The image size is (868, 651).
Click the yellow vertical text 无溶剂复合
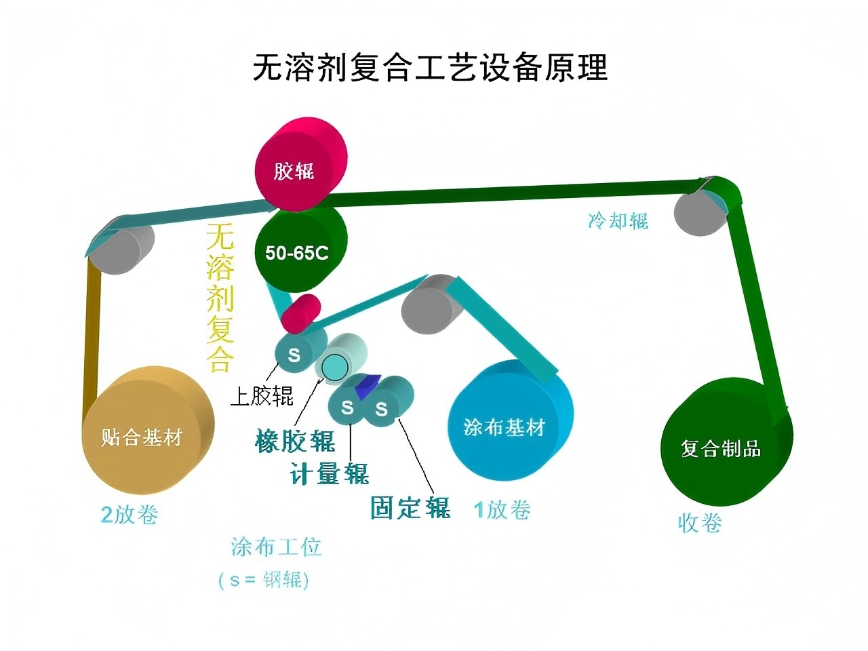click(x=220, y=298)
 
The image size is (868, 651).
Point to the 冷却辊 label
click(x=618, y=220)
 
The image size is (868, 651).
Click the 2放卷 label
click(x=130, y=514)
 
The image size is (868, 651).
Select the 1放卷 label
click(x=502, y=509)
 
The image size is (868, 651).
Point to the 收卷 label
click(x=700, y=523)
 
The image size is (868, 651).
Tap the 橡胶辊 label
click(x=296, y=441)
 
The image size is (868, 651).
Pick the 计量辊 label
click(x=330, y=473)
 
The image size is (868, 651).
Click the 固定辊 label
click(x=410, y=507)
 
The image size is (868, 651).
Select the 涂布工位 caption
click(x=276, y=546)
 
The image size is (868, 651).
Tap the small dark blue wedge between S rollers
click(x=366, y=384)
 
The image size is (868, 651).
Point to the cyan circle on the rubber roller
click(x=333, y=366)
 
